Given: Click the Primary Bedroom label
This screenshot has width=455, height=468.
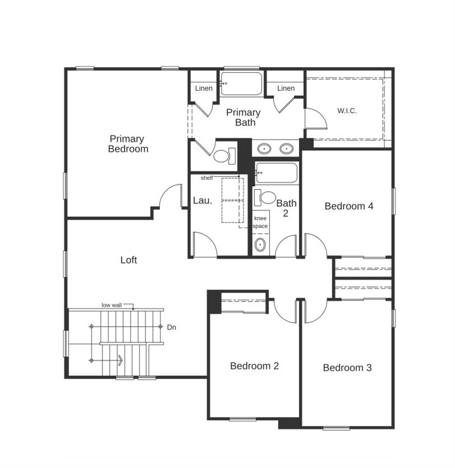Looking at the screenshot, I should coord(128,144).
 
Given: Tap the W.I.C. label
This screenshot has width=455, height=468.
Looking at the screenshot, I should coord(347,111).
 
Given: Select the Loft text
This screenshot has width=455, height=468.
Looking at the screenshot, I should coord(128,260).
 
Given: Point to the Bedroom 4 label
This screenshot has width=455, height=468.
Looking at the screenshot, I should coord(349,206).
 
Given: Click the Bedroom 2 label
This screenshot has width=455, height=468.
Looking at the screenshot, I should coord(254,366).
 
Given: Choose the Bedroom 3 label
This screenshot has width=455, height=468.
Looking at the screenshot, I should coord(347,368).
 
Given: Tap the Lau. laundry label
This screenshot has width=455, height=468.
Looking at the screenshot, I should coord(203,201).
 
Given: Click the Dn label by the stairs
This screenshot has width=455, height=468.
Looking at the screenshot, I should coord(171,327).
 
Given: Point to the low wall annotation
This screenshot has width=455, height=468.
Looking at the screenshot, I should coord(112,305).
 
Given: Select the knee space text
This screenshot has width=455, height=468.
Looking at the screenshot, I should coord(260,222).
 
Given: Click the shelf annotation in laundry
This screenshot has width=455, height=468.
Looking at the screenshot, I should coord(206,178).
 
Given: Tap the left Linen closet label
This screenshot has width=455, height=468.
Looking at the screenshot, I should coord(204,89).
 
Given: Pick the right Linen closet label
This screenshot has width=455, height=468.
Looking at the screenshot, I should coord(286,89).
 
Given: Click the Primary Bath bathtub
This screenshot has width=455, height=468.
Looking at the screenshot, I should coord(242,84).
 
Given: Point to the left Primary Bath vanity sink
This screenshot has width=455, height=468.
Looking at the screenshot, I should coord(264,149).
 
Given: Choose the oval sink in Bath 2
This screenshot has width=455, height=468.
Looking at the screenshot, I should coord(260,245).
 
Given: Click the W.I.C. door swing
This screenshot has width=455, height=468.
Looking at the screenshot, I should coord(315,118).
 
